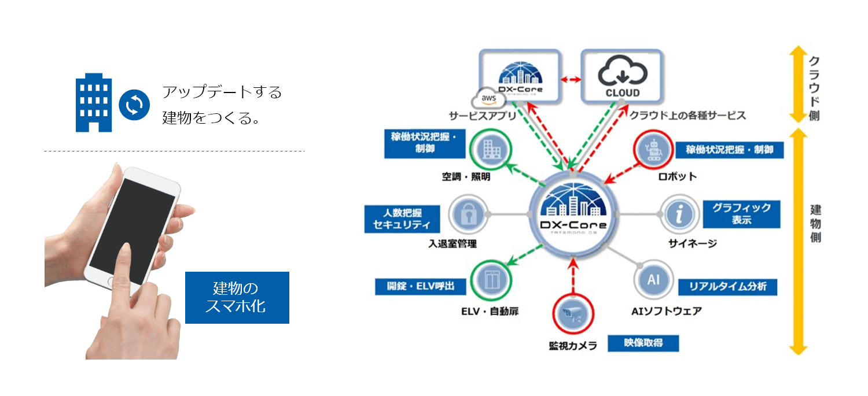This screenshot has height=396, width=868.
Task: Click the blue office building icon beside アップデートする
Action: click(94, 102)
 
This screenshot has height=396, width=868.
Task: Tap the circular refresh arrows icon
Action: click(134, 105)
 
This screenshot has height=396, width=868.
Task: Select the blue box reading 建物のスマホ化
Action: click(237, 298)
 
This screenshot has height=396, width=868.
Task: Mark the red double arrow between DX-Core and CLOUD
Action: click(571, 80)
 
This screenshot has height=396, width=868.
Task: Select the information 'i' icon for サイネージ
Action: click(679, 214)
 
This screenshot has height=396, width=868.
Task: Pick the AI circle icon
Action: click(653, 280)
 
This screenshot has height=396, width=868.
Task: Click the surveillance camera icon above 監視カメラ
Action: click(572, 314)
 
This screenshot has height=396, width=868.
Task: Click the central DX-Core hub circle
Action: click(572, 213)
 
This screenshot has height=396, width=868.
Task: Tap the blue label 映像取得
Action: click(643, 343)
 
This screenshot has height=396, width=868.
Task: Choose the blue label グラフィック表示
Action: click(741, 214)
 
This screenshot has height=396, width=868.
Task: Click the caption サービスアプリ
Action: click(482, 116)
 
